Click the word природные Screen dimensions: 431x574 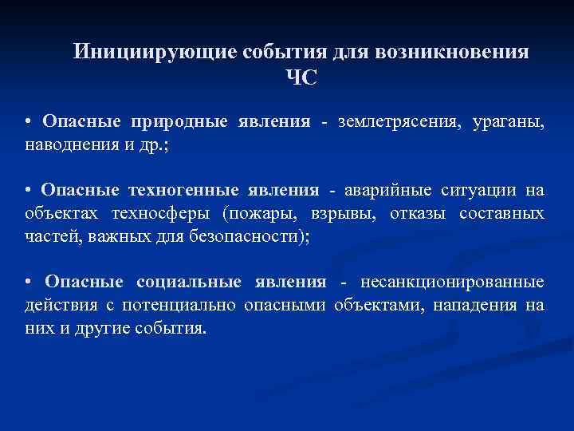[x=177, y=122]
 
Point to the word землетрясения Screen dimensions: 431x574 [x=389, y=122]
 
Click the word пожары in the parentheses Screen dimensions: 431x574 [x=260, y=214]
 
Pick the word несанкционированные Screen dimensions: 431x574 [x=453, y=282]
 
